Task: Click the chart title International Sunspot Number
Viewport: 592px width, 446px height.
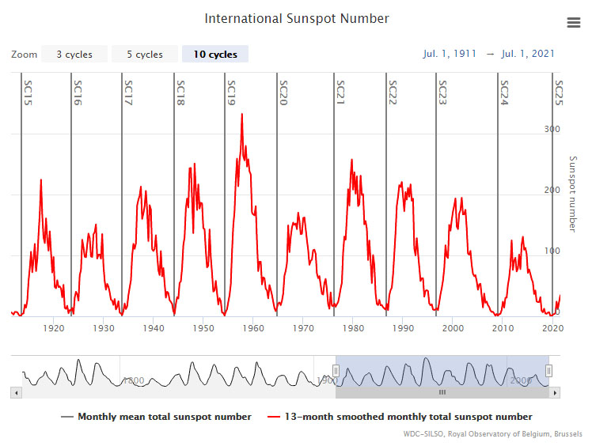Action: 297,18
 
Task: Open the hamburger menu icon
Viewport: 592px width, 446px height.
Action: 574,22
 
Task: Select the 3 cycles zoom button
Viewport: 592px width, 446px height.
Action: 74,55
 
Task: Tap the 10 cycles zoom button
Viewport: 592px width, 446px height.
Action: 214,55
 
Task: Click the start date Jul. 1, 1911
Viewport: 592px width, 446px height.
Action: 450,54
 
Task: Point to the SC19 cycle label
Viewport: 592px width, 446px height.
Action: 231,93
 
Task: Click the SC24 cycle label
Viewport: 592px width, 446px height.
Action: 503,93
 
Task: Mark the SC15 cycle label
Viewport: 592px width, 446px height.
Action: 28,93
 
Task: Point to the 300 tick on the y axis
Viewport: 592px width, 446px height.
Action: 552,129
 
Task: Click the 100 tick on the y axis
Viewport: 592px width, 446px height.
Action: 552,251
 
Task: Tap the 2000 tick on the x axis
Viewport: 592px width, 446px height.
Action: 453,327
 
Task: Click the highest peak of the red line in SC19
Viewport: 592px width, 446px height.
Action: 242,115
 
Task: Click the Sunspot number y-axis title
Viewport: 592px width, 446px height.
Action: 574,194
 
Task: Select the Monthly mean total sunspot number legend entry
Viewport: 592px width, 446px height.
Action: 156,417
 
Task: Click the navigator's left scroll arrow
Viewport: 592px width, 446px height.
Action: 15,392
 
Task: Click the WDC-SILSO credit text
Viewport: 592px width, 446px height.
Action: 511,434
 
